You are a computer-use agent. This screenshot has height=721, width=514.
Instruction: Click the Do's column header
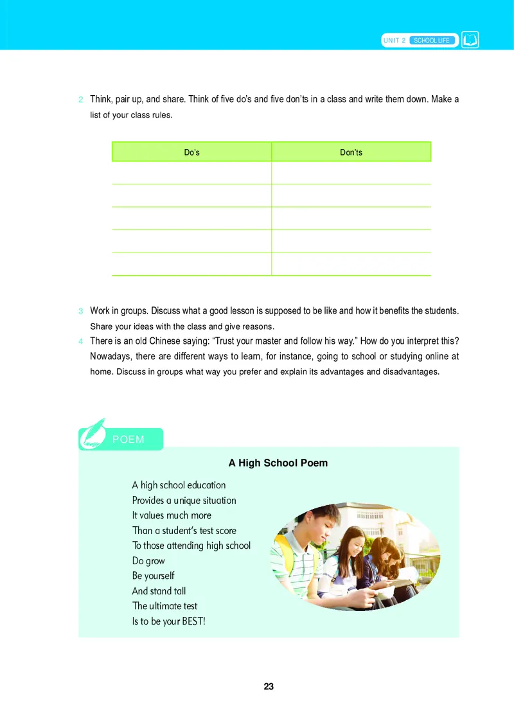pos(191,152)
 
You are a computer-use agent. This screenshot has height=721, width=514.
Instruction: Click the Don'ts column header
pos(351,152)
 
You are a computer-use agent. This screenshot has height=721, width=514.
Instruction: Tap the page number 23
pos(269,686)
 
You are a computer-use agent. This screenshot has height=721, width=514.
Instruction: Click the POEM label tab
pos(128,440)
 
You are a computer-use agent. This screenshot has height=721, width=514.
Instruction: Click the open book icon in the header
pos(470,40)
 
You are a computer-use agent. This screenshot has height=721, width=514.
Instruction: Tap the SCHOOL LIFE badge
pos(432,40)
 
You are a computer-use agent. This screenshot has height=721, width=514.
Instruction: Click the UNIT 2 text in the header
pos(394,40)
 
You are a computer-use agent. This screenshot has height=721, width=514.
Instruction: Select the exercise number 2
pos(80,100)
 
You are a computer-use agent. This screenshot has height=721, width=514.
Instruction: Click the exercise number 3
pos(80,312)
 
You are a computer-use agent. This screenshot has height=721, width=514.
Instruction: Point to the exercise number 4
pos(80,341)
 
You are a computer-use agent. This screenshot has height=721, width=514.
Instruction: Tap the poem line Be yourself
pos(153,576)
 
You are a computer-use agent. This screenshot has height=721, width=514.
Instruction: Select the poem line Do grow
pos(148,561)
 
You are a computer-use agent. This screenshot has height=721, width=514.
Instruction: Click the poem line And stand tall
pos(159,591)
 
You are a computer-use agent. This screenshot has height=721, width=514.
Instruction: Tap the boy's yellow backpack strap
pos(285,553)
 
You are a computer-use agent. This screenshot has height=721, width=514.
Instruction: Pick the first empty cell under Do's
pos(191,173)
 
